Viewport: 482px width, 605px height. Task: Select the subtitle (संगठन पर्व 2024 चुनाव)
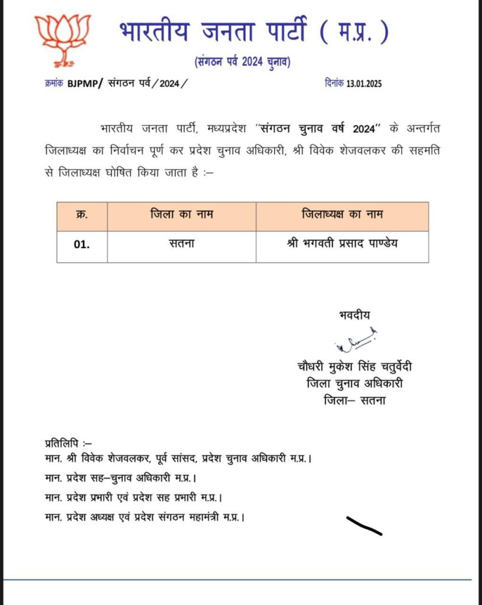point(242,61)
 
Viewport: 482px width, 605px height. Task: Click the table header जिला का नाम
point(181,216)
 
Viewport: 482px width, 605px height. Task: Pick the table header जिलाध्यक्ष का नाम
point(342,216)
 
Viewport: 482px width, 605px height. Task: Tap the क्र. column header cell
point(82,216)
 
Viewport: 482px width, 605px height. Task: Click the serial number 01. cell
point(82,243)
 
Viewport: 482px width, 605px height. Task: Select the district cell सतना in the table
point(181,243)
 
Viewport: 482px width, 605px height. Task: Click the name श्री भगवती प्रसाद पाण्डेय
point(342,243)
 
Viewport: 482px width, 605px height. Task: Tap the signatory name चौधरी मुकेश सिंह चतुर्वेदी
point(354,367)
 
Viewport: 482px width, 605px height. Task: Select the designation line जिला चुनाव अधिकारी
point(354,384)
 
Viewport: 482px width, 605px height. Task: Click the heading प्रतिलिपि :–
point(68,443)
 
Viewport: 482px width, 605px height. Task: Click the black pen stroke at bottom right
point(363,525)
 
